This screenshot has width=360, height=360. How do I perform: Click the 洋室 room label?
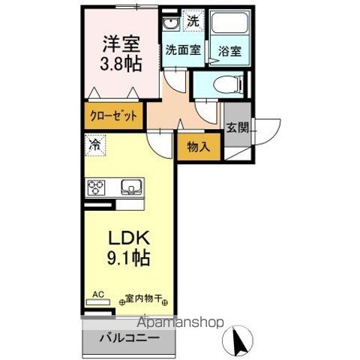(120, 42)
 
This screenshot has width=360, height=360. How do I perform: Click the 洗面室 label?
(183, 51)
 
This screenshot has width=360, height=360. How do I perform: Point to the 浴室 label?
(229, 51)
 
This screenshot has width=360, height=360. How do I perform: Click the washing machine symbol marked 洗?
(193, 22)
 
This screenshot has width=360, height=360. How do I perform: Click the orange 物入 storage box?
(198, 147)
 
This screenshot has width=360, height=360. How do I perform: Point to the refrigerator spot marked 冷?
(95, 142)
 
